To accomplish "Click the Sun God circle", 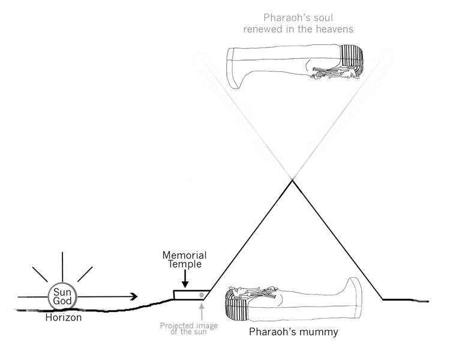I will click(62, 296).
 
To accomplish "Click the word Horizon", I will click(63, 318).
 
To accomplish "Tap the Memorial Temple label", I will click(185, 259).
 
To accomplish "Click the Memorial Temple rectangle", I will click(191, 294).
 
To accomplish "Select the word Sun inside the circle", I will click(62, 291).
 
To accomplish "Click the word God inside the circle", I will click(62, 301).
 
